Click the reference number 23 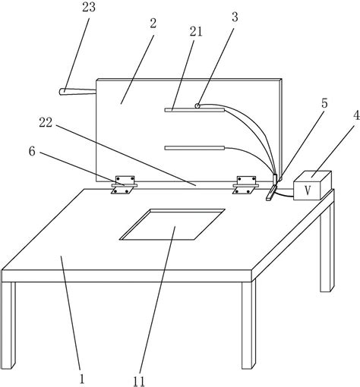coord(89,7)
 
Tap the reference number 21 coord(196,32)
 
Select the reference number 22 coord(46,123)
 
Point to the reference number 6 coord(32,152)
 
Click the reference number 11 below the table coord(139,382)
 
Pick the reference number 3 coord(235,17)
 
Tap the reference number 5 coord(324,103)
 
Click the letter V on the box coord(308,190)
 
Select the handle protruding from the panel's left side coord(77,92)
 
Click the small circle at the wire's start coord(197,105)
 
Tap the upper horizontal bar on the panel coord(194,110)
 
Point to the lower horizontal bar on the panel coord(194,148)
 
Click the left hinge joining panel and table coord(124,185)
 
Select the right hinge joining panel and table coord(245,185)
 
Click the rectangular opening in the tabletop coord(172,224)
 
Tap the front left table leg coord(8,325)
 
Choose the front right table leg coord(248,325)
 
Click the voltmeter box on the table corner coord(313,186)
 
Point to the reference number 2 coord(153,24)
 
